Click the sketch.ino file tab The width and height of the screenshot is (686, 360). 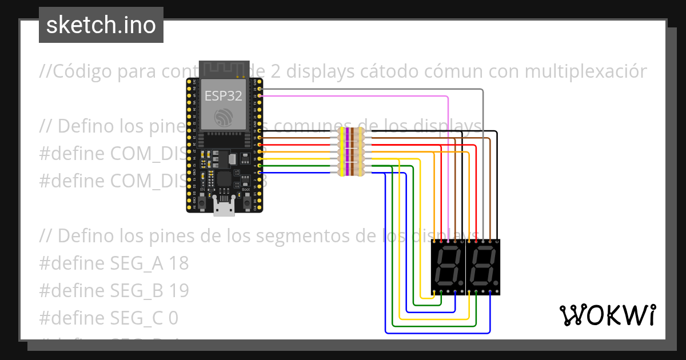pyautogui.click(x=101, y=25)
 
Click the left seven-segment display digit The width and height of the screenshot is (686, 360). pyautogui.click(x=448, y=267)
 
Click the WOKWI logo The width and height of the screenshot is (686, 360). pyautogui.click(x=607, y=315)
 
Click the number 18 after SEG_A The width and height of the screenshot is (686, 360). pyautogui.click(x=178, y=263)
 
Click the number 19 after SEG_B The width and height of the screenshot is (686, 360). pyautogui.click(x=178, y=290)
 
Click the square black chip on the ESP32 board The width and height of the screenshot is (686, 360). pyautogui.click(x=224, y=179)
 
